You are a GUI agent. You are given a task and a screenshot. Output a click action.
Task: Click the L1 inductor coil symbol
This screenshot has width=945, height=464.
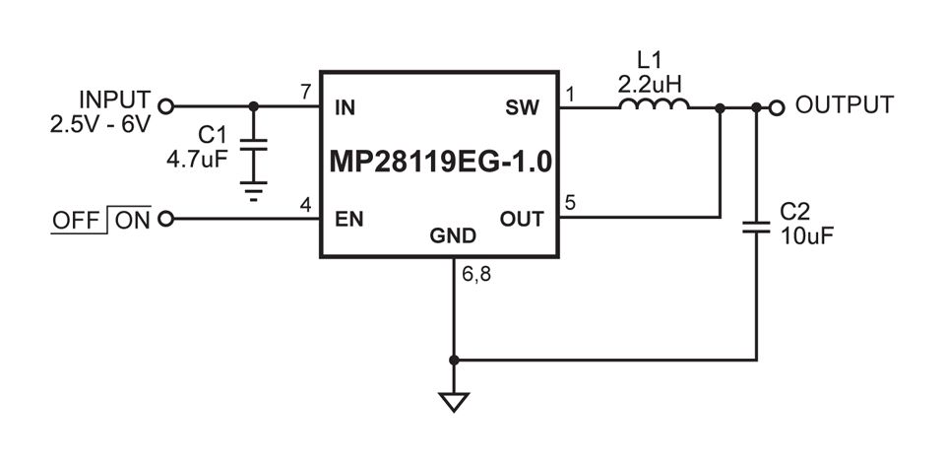[x=654, y=103]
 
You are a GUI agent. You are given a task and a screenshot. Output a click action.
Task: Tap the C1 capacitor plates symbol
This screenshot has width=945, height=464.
[x=254, y=145]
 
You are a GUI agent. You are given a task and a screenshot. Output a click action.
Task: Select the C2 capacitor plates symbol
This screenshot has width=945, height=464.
[x=756, y=227]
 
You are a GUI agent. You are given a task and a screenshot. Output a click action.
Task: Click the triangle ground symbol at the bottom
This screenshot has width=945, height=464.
[x=454, y=402]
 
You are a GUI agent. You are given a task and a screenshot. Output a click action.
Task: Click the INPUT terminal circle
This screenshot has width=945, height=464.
[x=165, y=106]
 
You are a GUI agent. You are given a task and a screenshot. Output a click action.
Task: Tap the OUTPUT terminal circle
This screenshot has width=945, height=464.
[x=777, y=108]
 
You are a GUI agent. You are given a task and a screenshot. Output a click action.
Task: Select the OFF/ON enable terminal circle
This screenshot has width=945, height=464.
[x=165, y=219]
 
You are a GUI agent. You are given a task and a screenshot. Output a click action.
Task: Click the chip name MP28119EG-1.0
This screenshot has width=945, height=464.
[x=440, y=163]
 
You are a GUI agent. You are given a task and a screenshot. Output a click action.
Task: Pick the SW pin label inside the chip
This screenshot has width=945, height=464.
[x=523, y=108]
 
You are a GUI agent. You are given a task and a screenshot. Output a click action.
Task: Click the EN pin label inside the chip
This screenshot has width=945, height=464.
[x=349, y=220]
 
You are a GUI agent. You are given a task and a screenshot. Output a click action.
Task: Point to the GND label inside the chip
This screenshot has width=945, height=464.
[x=453, y=235]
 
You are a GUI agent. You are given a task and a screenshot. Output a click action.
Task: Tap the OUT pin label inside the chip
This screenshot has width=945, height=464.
[x=522, y=220]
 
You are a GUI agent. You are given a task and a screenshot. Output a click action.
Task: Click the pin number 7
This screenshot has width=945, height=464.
[x=306, y=93]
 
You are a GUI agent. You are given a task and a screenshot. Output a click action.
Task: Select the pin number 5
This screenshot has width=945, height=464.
[x=570, y=203]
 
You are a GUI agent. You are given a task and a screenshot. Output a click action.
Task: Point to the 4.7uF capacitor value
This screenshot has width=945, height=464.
[x=197, y=160]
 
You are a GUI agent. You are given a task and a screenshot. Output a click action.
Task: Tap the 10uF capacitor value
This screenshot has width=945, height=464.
[x=807, y=235]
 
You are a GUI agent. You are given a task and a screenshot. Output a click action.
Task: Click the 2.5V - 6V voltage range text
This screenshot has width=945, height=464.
[x=100, y=125]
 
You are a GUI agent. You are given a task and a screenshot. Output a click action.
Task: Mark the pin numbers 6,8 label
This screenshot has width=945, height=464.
[x=476, y=275]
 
